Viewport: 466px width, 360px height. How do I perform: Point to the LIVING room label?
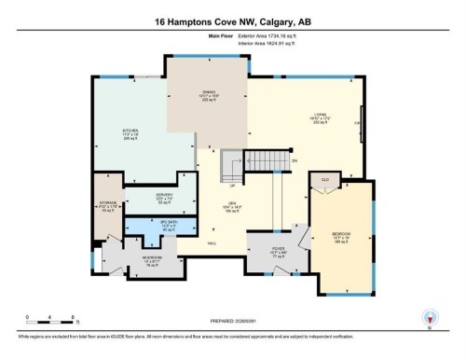click(x=319, y=117)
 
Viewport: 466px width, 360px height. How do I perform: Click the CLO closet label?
click(x=326, y=179)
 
